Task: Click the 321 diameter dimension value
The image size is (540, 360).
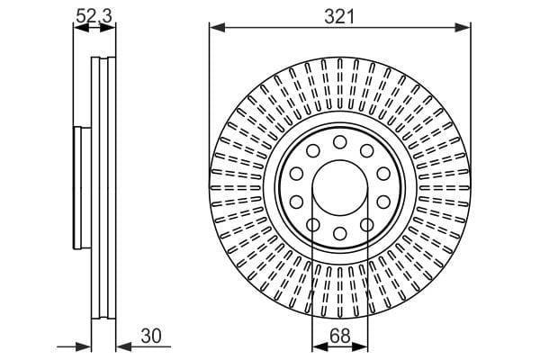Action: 339,16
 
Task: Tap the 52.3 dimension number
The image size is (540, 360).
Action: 94,16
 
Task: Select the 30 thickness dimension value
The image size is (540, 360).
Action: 151,336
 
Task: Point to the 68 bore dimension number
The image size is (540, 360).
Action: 339,336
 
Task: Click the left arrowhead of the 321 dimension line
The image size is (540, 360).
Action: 217,28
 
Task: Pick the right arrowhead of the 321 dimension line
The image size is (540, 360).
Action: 463,28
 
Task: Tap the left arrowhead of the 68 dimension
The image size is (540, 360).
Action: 319,347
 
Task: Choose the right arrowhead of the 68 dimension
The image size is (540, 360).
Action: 360,347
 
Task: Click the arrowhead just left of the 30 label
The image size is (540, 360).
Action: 124,347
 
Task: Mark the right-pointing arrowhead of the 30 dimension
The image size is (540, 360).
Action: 84,347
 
